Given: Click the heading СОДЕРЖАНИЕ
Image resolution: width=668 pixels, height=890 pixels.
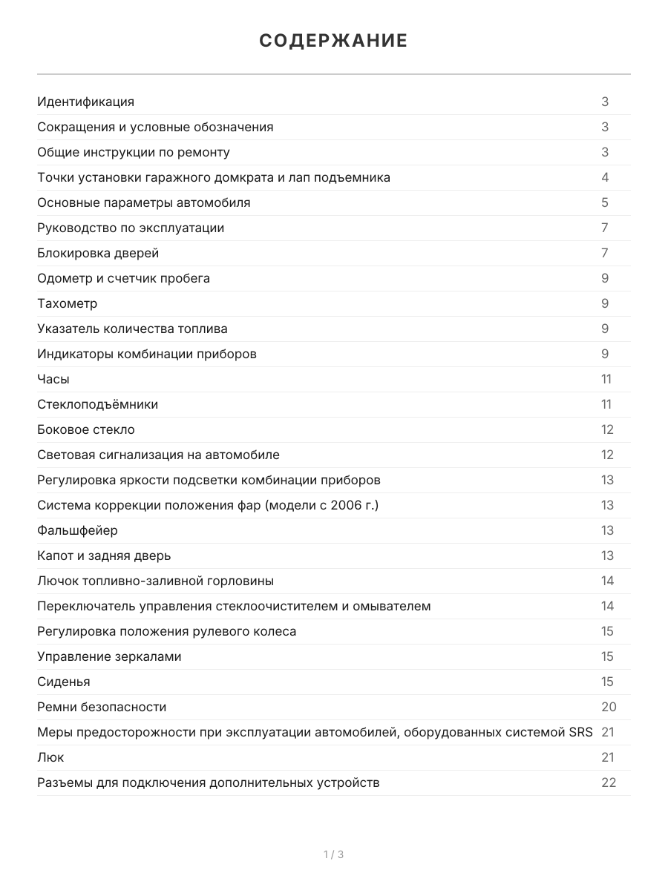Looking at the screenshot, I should pos(333,41).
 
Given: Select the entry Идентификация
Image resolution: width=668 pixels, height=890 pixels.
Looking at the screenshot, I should pos(85,102).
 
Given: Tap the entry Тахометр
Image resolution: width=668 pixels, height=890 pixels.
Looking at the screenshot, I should pos(67,303).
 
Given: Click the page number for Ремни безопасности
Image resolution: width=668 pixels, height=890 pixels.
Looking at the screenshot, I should pos(609,707).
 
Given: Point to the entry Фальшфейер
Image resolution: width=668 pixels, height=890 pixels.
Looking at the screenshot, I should pos(77,530).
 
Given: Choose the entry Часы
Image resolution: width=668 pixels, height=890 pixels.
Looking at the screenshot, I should pos(53,379).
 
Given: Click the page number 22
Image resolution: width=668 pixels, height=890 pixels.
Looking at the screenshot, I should pos(609,782).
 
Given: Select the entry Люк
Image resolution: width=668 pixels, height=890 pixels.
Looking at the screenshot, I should pos(50,757).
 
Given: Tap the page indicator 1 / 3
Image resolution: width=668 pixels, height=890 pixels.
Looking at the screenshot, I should pos(333,854).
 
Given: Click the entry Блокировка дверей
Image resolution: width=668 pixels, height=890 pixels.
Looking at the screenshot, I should pos(98,253).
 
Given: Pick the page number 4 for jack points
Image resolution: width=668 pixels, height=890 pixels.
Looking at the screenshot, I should pos(605,177).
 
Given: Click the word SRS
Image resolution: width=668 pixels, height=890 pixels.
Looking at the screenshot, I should pos(581,732).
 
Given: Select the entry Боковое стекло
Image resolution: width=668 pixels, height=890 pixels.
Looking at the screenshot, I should pos(86,429).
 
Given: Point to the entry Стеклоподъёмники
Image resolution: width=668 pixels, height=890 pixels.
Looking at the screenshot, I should pos(97,404).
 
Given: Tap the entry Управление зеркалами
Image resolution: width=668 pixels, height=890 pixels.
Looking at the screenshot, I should pos(109,656).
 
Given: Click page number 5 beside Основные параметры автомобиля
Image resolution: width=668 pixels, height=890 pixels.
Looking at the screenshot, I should pos(605,202).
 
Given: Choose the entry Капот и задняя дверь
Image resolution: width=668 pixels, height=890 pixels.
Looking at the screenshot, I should pos(104,556).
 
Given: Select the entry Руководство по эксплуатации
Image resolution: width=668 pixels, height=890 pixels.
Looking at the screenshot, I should pos(131,228).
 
